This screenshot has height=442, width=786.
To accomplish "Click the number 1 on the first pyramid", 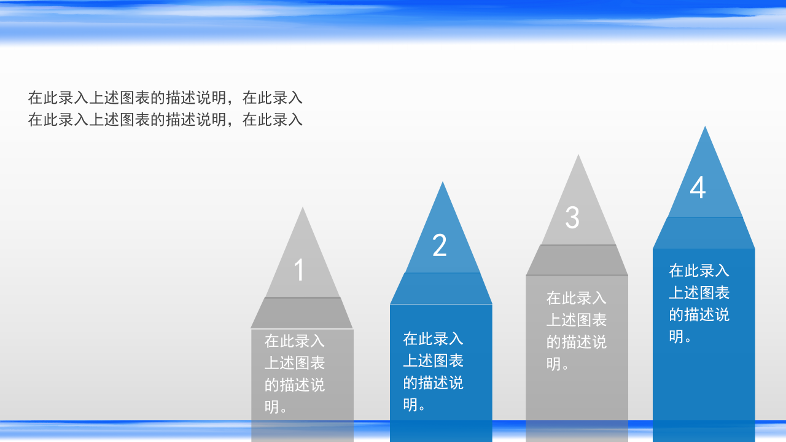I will [x=299, y=270].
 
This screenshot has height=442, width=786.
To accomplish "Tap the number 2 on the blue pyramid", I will [x=439, y=246].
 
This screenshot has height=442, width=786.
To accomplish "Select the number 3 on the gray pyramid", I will [x=572, y=217].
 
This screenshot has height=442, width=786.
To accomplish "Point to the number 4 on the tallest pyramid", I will [x=698, y=188].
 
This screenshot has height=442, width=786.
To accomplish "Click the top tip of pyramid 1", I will [x=302, y=209].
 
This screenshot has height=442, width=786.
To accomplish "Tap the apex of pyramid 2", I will [x=442, y=184].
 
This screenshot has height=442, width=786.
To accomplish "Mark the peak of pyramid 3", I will [x=578, y=157].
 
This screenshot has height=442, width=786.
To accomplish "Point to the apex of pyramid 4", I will [x=705, y=128].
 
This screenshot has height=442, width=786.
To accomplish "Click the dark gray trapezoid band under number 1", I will [x=302, y=313].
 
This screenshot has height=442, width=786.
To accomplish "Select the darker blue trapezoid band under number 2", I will [x=441, y=289].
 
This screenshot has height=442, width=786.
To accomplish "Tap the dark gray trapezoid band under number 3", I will [x=577, y=260].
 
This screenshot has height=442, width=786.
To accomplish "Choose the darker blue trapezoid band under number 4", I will [x=704, y=233].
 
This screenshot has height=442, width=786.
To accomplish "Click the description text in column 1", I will [x=295, y=373].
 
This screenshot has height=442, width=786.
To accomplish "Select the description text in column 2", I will [x=433, y=371].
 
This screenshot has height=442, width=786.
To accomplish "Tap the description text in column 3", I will [x=577, y=331].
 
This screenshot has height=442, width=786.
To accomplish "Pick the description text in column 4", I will [x=699, y=303].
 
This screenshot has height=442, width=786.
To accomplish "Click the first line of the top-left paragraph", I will [x=165, y=98].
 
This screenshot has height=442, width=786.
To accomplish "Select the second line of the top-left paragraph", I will [x=165, y=120].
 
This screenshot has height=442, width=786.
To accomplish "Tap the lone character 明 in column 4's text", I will [x=676, y=336].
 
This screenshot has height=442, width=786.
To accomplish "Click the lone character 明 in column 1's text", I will [x=272, y=406].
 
